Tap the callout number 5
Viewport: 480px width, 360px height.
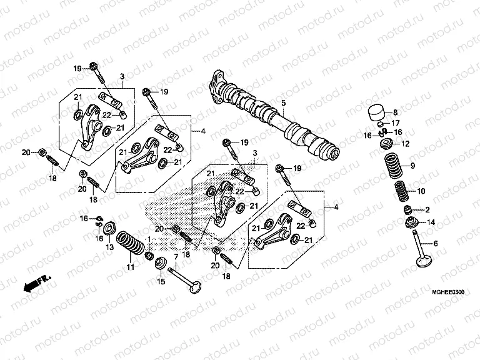(282, 102)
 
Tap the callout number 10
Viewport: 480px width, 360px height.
(421, 191)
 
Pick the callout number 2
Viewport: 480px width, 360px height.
(428, 210)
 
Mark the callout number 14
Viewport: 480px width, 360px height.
(431, 222)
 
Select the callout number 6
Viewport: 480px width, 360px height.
(436, 244)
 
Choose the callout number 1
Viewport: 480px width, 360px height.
(149, 240)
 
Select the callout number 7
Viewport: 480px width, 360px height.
(177, 257)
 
